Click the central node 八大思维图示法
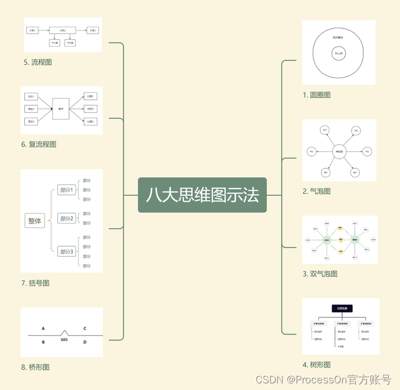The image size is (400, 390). (202, 195)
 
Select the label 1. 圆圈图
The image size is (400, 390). (317, 95)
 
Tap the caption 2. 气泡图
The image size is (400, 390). (317, 191)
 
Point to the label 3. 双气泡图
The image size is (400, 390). (320, 273)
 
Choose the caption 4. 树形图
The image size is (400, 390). (317, 364)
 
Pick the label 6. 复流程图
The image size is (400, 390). (38, 144)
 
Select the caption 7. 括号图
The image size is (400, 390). (35, 283)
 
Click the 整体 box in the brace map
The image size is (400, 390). (35, 221)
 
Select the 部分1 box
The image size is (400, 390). (67, 190)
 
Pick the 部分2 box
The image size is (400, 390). (67, 219)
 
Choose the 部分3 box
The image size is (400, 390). (67, 251)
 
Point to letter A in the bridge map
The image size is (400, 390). (43, 328)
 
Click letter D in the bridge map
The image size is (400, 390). (84, 342)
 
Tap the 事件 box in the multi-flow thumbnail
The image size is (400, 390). (61, 109)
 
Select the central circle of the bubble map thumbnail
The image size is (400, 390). (339, 151)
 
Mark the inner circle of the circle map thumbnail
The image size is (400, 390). (338, 54)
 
